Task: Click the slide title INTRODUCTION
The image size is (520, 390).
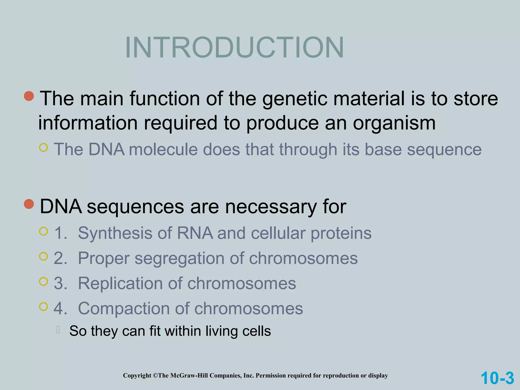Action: point(234,47)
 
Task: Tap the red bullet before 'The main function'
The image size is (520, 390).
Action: point(29,96)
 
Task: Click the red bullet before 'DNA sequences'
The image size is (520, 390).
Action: point(29,204)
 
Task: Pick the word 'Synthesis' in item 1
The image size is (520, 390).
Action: point(115,233)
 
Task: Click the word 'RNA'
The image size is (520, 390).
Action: point(195,233)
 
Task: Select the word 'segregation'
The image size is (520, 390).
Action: point(179,259)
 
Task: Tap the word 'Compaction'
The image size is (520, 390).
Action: point(124,308)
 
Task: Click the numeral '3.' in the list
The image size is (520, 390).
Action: point(60,283)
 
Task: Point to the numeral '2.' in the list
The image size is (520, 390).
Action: point(60,258)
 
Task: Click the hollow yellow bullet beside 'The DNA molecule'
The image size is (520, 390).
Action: point(44,148)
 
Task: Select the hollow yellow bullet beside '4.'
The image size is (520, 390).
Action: point(44,307)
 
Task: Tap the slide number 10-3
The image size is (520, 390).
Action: point(497,378)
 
